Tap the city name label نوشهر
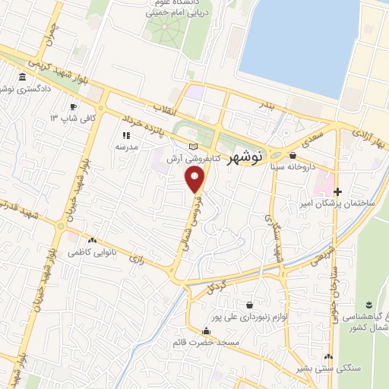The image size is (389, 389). (x=245, y=157)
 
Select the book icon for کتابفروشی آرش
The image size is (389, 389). (x=192, y=146)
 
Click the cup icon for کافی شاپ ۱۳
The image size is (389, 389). (x=74, y=106)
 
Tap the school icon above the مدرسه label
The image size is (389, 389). (x=126, y=135)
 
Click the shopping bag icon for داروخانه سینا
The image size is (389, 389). (x=293, y=153)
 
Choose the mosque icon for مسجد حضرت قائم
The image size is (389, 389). (x=206, y=330)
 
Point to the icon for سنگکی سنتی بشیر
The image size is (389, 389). (x=328, y=356)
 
